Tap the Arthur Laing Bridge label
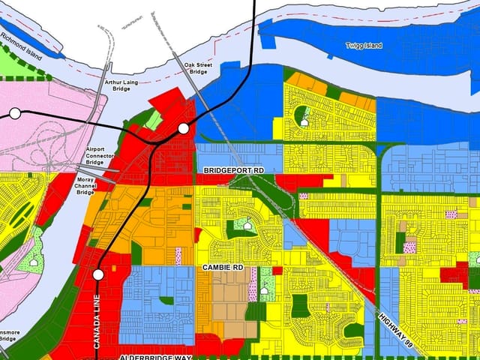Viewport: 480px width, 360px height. [x=121, y=85]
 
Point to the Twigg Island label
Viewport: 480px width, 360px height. [x=363, y=46]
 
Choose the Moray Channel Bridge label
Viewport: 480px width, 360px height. [x=86, y=186]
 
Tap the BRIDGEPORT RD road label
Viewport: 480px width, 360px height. [x=235, y=171]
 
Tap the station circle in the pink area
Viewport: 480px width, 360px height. [x=14, y=114]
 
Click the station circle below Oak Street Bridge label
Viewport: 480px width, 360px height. [x=184, y=129]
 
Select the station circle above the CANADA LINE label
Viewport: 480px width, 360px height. [x=97, y=275]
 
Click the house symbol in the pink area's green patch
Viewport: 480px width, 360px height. [x=32, y=262]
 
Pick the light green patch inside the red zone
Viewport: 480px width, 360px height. [x=154, y=118]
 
